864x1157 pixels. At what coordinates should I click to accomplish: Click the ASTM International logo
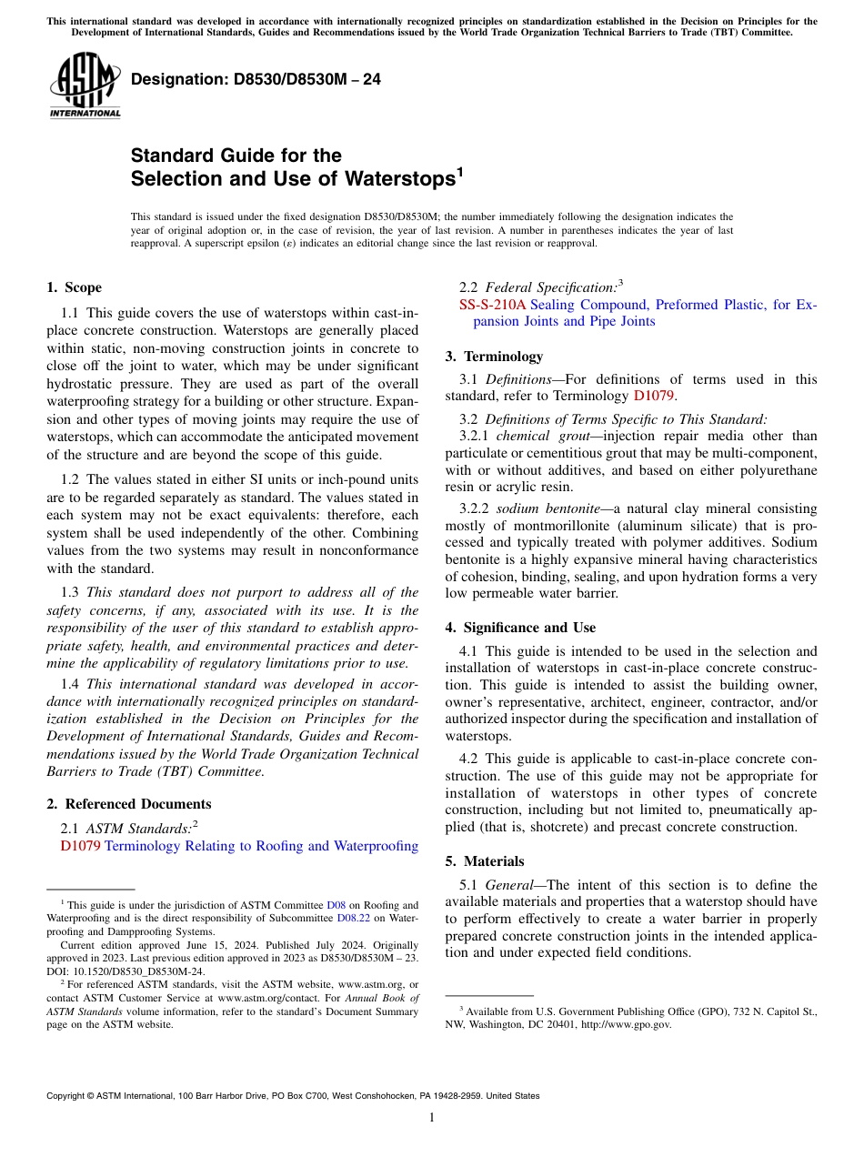pyautogui.click(x=85, y=86)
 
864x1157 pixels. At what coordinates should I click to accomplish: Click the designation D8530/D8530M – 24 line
pyautogui.click(x=256, y=80)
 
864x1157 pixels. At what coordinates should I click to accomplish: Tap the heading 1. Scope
pyautogui.click(x=74, y=287)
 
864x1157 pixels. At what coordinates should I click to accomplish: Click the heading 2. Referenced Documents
pyautogui.click(x=128, y=804)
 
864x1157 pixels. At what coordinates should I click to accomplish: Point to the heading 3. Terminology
pyautogui.click(x=494, y=357)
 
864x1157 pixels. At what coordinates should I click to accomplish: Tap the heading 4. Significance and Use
pyautogui.click(x=520, y=628)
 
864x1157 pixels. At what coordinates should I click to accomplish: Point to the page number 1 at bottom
pyautogui.click(x=431, y=1118)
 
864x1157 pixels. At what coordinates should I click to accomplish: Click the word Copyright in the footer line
pyautogui.click(x=66, y=1096)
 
